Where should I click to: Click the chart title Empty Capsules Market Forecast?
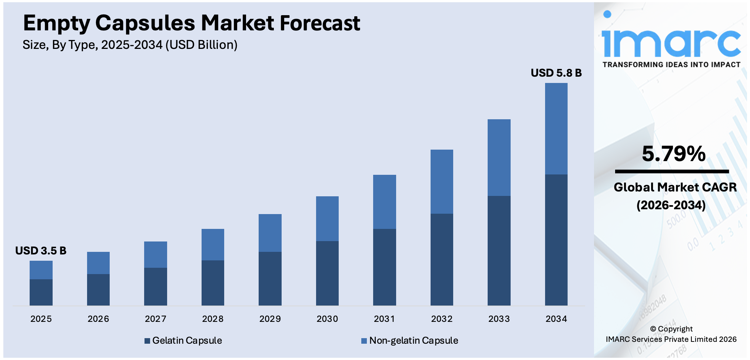coord(191,23)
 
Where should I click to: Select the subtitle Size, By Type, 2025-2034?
coord(130,45)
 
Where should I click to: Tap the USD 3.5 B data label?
coord(41,251)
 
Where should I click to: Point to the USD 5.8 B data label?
coord(556,73)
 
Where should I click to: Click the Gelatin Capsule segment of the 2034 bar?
coord(556,240)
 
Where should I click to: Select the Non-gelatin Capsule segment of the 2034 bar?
coord(556,129)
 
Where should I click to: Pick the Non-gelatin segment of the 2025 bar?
coord(41,270)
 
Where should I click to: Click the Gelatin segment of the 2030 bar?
coord(327,273)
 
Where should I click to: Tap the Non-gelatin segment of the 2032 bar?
coord(442,181)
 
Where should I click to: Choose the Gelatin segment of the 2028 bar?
coord(213,283)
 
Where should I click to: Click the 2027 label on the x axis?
coord(155,319)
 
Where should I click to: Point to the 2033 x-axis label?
coord(499,319)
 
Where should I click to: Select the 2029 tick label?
coord(270,319)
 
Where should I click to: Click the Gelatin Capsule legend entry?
coord(183,340)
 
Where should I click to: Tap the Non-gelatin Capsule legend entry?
coord(410,340)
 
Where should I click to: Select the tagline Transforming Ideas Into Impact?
coord(671,64)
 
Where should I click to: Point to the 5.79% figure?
coord(673,154)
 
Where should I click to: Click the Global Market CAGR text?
coord(675,187)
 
